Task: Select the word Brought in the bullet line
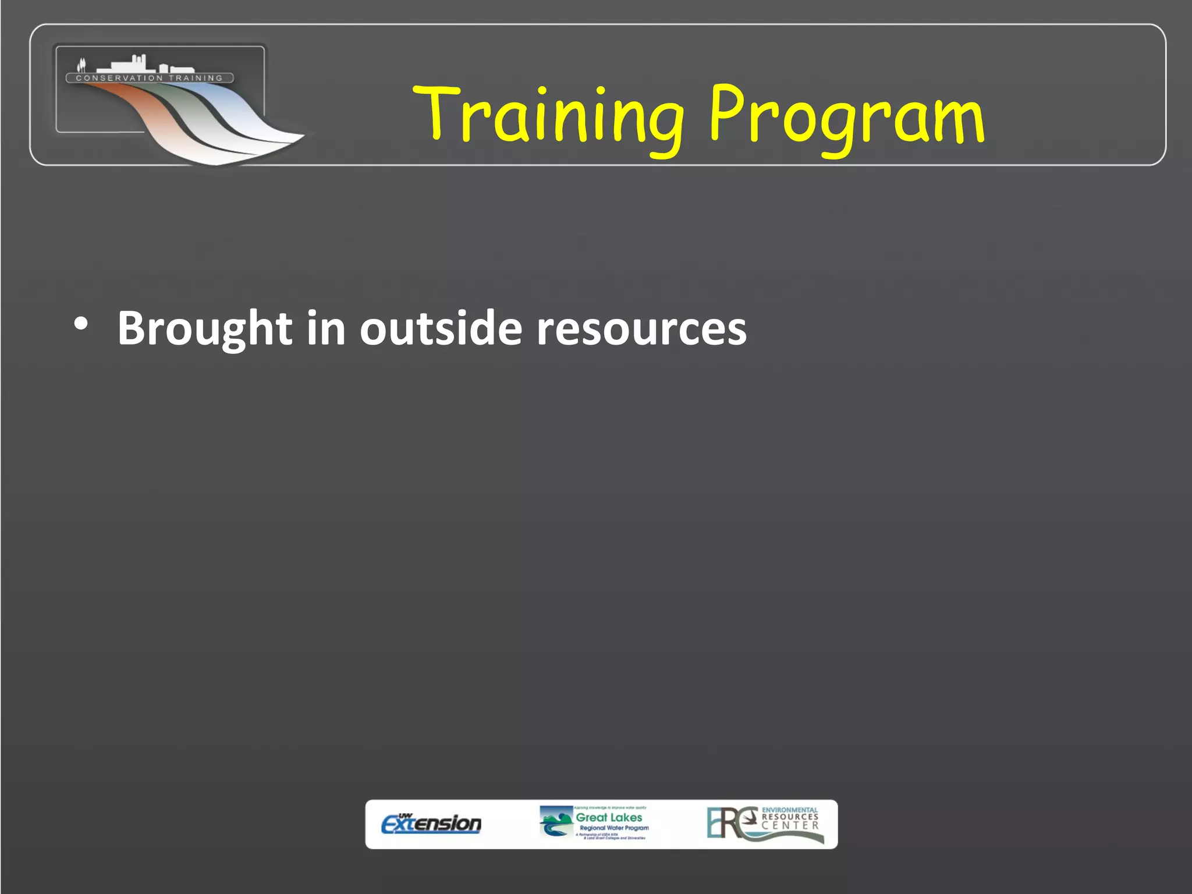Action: pyautogui.click(x=204, y=329)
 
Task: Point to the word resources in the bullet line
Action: pyautogui.click(x=641, y=329)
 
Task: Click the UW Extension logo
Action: pyautogui.click(x=431, y=823)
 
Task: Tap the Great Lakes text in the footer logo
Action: pyautogui.click(x=609, y=817)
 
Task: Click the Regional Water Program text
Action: pyautogui.click(x=614, y=828)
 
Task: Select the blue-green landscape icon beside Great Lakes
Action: pyautogui.click(x=555, y=822)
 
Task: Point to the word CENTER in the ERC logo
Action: pyautogui.click(x=790, y=825)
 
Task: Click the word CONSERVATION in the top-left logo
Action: pyautogui.click(x=119, y=78)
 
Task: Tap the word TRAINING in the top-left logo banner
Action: pyautogui.click(x=196, y=78)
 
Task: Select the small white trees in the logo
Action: pyautogui.click(x=81, y=64)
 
